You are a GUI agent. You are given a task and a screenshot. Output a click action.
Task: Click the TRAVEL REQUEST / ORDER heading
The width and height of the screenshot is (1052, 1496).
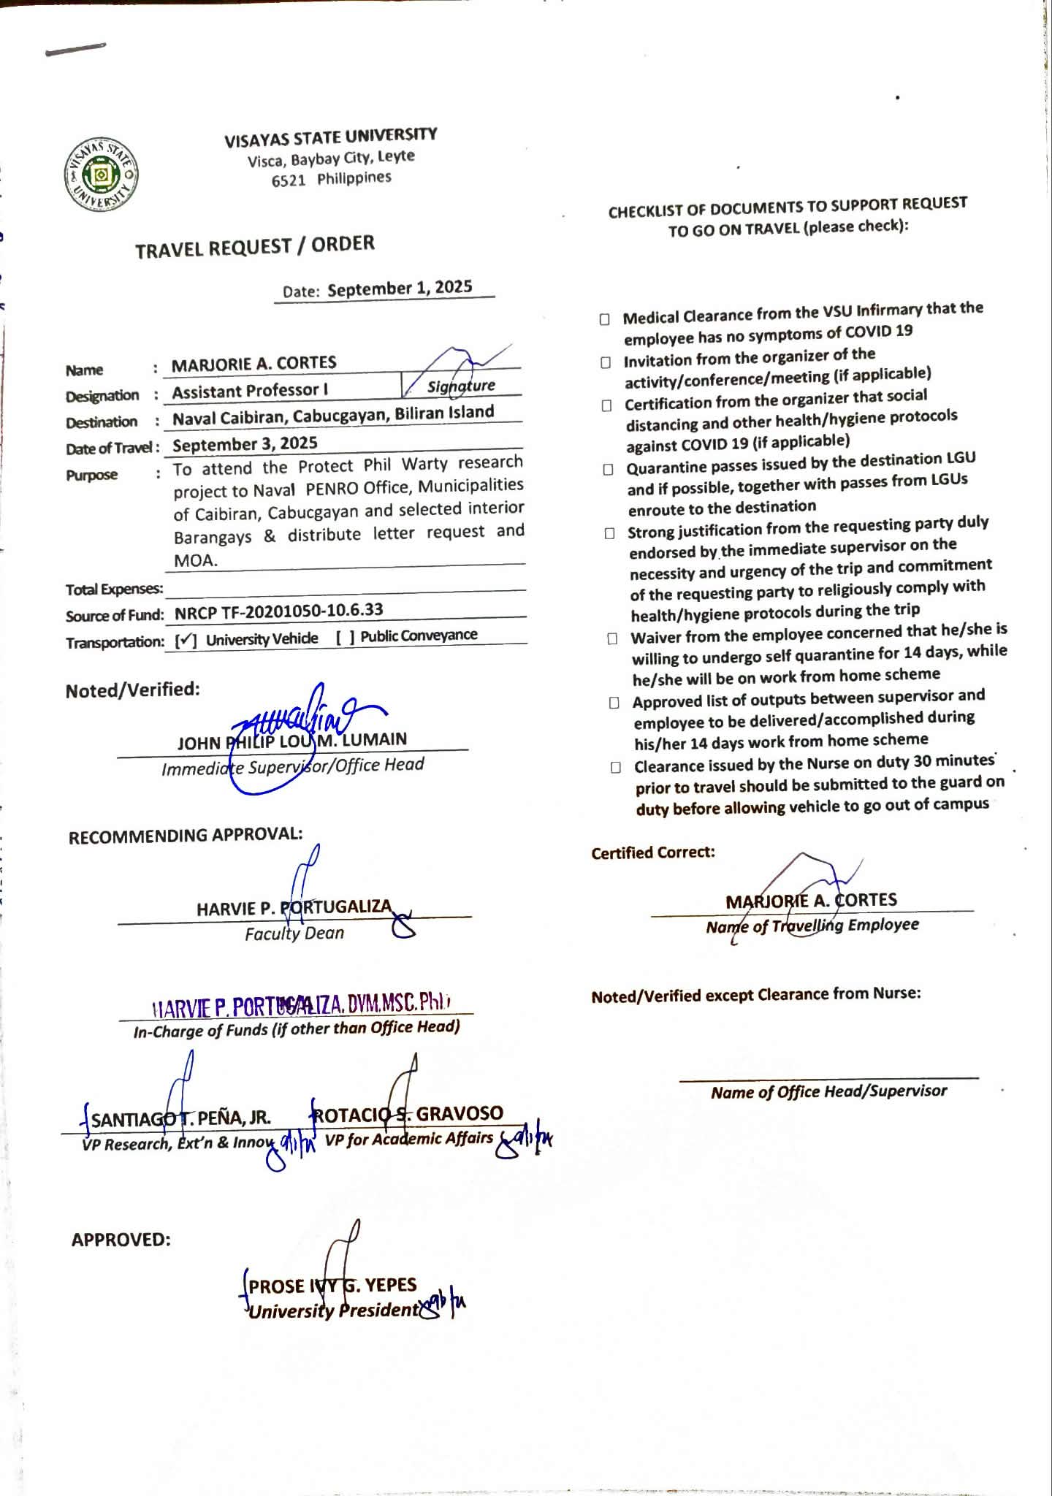254,246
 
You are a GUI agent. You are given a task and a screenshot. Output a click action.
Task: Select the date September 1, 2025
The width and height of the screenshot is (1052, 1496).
400,288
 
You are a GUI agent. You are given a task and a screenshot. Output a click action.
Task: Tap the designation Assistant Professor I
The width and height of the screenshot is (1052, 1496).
250,391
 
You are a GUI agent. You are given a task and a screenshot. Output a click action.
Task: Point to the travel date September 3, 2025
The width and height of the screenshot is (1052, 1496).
245,444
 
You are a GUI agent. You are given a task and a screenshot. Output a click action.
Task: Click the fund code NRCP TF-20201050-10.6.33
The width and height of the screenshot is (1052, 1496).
278,611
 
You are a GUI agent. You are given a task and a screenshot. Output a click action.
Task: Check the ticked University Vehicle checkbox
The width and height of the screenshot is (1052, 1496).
186,641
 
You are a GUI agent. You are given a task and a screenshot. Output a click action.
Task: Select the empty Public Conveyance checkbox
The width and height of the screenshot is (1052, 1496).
346,637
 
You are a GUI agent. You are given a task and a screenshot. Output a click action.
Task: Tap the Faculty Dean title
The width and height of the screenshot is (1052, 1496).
294,934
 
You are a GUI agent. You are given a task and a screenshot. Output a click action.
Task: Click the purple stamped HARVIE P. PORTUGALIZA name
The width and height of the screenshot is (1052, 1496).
300,1005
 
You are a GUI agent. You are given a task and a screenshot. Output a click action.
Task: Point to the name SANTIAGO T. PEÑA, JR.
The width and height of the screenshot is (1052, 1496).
180,1118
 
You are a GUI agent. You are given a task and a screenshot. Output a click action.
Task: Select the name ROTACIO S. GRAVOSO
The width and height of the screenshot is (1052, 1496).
408,1114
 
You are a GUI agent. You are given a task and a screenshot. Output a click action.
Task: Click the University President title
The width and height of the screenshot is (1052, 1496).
334,1310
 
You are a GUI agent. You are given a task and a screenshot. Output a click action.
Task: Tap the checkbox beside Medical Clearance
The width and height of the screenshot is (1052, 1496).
604,319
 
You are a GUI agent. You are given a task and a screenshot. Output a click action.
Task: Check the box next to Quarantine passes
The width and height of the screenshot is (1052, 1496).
608,470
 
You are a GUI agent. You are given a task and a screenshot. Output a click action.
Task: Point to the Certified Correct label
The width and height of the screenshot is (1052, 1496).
652,852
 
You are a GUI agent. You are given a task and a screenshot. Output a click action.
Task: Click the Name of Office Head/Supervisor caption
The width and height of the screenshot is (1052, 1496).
828,1092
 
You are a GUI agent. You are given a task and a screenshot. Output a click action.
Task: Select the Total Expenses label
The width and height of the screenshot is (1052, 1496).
114,589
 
